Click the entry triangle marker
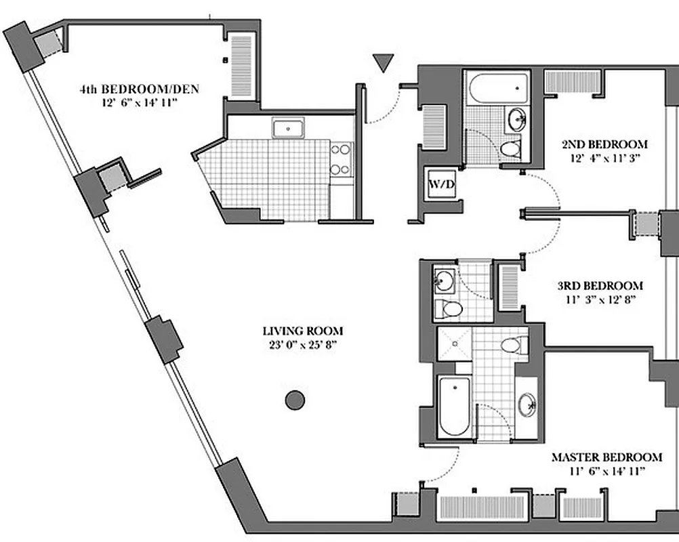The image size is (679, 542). tap(384, 63)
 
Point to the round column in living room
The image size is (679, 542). tap(294, 400)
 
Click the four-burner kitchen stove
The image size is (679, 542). tap(341, 159)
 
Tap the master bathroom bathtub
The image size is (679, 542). tap(453, 406)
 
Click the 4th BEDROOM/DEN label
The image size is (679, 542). tap(139, 89)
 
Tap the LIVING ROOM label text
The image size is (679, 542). tap(303, 331)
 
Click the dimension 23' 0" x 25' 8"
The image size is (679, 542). tap(303, 344)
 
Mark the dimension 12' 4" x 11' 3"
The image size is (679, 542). tap(604, 157)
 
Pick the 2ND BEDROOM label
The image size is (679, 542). tap(604, 144)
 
